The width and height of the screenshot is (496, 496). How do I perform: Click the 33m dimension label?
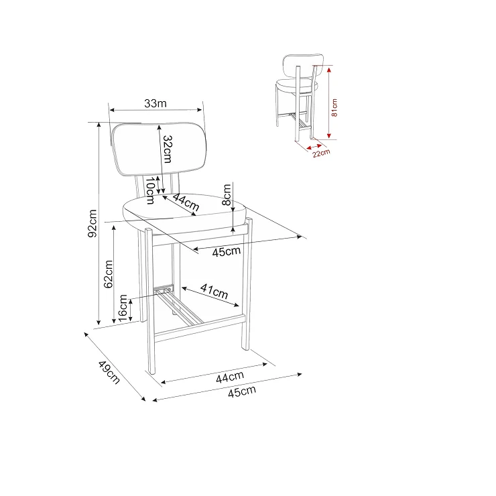click(x=156, y=103)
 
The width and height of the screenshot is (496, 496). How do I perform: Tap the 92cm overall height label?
click(x=92, y=223)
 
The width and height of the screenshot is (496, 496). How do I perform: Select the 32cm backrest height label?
click(x=168, y=149)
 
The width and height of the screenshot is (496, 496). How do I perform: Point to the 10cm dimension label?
click(x=150, y=190)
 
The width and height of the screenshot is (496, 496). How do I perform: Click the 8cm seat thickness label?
click(x=227, y=195)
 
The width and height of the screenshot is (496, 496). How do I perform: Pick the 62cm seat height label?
click(x=108, y=274)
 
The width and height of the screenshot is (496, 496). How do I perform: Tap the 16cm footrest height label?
click(x=123, y=308)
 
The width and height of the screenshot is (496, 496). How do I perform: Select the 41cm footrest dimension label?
click(x=214, y=291)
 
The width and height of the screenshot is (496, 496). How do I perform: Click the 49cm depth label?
click(x=109, y=372)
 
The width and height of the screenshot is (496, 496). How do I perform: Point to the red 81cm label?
click(x=334, y=107)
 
